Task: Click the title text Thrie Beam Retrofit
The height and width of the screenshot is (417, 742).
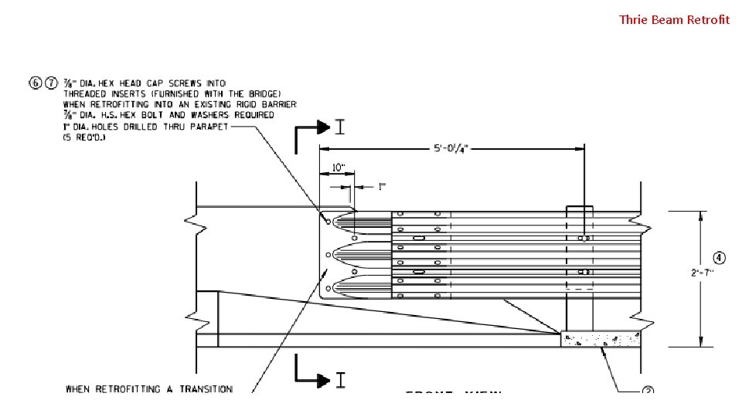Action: (674, 19)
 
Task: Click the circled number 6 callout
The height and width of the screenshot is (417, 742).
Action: (36, 83)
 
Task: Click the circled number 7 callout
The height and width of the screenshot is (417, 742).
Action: (50, 83)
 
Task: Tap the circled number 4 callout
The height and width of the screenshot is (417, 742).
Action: (719, 257)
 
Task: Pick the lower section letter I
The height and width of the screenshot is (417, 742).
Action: (339, 379)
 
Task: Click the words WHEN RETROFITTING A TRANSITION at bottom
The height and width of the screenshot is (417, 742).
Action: (148, 389)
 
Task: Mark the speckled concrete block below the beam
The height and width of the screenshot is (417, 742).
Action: (601, 340)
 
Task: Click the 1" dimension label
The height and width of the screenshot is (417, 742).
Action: (381, 186)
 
